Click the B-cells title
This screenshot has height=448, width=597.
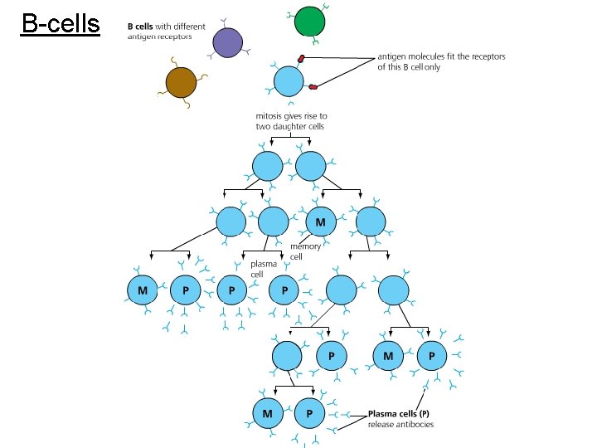pos(61,24)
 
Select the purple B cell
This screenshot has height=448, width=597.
pos(227,42)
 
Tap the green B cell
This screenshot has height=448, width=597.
pos(310,21)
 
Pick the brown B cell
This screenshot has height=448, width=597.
pos(181,82)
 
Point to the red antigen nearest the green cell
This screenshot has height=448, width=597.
pos(303,58)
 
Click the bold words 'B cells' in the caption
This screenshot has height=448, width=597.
pos(139,27)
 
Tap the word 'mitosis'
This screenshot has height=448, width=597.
pos(271,116)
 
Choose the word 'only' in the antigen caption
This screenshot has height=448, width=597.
pos(433,67)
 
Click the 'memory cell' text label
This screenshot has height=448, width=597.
pos(303,251)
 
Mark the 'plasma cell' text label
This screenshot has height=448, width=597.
pos(263,269)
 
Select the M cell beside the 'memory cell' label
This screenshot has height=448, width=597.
pos(320,222)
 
